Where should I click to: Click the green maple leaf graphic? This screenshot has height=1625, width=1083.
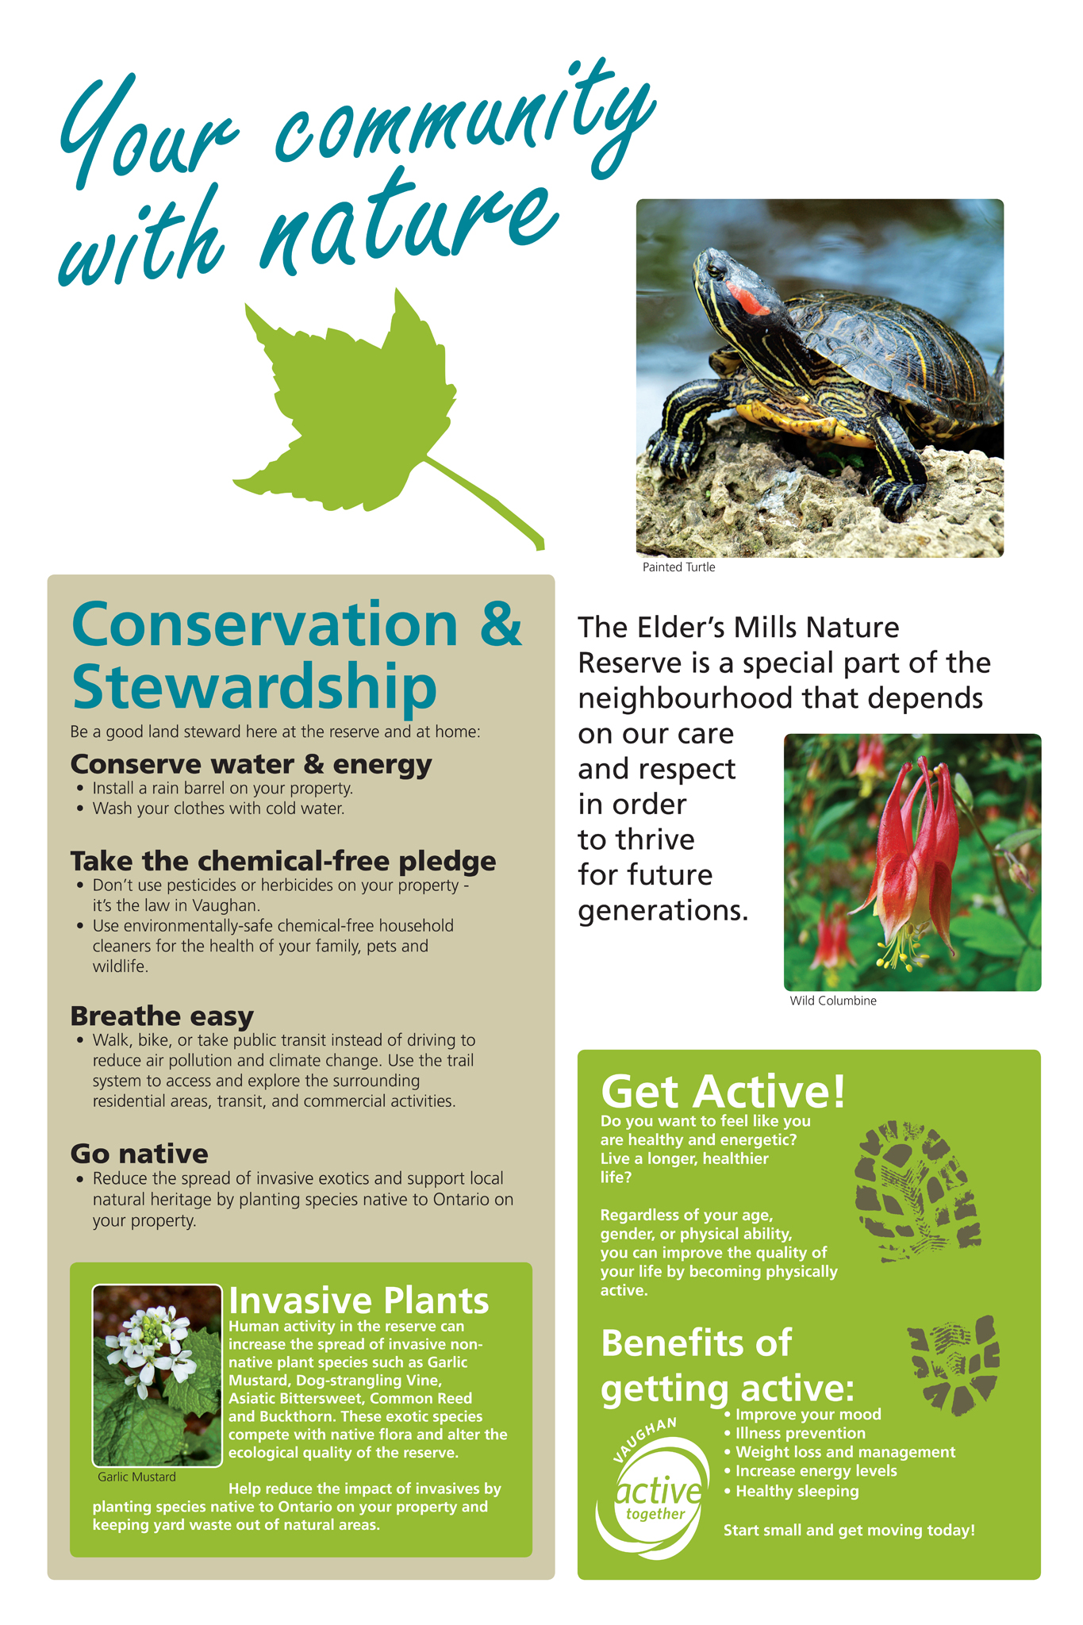tap(349, 405)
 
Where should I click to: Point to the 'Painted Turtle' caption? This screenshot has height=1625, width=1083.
tap(678, 567)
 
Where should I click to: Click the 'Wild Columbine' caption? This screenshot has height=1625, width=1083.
tap(833, 1001)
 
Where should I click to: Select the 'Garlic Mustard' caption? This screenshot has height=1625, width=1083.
tap(136, 1477)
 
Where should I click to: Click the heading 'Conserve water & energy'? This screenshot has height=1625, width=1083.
tap(251, 763)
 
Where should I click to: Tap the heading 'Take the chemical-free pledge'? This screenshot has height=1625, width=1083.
tap(283, 861)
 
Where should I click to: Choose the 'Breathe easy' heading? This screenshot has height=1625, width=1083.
tap(162, 1016)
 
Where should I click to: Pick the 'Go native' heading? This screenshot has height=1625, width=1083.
tap(139, 1154)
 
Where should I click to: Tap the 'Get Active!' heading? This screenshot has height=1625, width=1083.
tap(723, 1092)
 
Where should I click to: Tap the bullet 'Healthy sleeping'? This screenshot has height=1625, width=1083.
tap(791, 1491)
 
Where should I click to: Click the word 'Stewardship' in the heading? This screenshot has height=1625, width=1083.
tap(254, 686)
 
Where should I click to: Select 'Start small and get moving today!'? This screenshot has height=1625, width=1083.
tap(849, 1531)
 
